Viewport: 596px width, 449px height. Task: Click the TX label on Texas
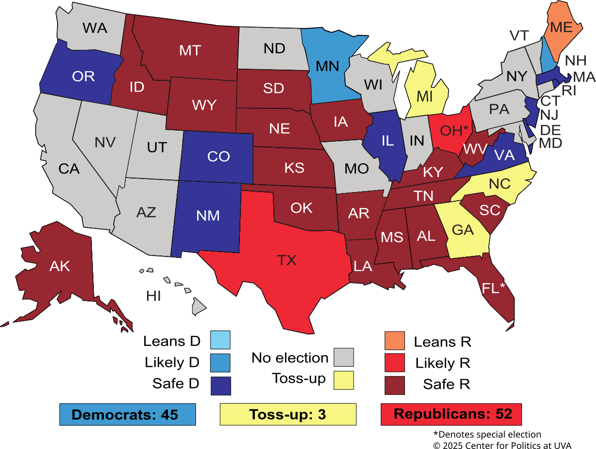point(286,260)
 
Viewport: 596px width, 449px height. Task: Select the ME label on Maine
point(561,28)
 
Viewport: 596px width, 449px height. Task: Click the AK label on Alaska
point(60,266)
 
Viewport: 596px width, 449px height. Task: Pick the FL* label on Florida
point(493,288)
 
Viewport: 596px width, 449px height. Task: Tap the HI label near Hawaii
point(153,296)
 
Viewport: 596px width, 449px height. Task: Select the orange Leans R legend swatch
point(394,341)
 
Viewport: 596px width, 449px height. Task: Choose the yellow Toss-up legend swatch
point(344,380)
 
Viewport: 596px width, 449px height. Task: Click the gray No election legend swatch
point(344,357)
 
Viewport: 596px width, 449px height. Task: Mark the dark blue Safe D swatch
point(220,386)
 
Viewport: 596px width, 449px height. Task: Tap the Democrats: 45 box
point(127,415)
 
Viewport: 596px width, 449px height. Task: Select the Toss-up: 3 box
point(288,415)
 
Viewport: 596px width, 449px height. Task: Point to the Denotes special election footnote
point(487,434)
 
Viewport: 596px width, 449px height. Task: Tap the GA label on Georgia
point(462,230)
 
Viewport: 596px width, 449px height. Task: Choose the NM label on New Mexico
point(208,216)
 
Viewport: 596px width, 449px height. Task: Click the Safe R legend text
point(446,384)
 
